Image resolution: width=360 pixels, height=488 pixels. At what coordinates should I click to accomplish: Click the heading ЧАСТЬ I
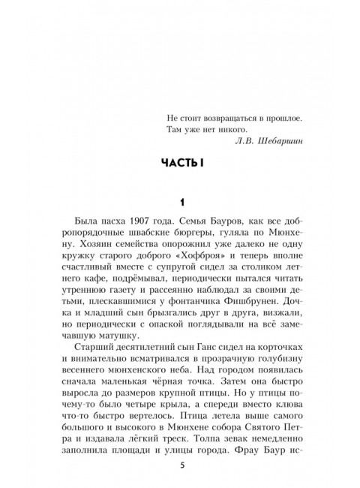(x=179, y=164)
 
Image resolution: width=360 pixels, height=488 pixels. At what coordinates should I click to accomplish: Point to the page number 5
(x=180, y=466)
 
